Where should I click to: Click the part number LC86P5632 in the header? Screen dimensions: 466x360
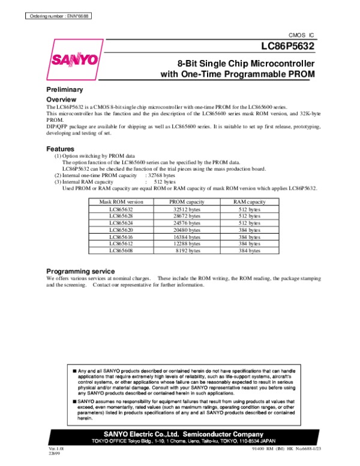click(287, 47)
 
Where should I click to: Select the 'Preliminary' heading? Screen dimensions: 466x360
click(64, 89)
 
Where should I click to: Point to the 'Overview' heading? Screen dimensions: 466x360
click(61, 99)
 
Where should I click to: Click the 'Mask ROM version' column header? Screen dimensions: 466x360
click(122, 202)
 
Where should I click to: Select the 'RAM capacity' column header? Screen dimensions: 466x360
click(250, 202)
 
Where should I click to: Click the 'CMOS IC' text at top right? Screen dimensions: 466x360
click(302, 35)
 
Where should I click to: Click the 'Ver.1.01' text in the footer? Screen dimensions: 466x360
click(56, 448)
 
